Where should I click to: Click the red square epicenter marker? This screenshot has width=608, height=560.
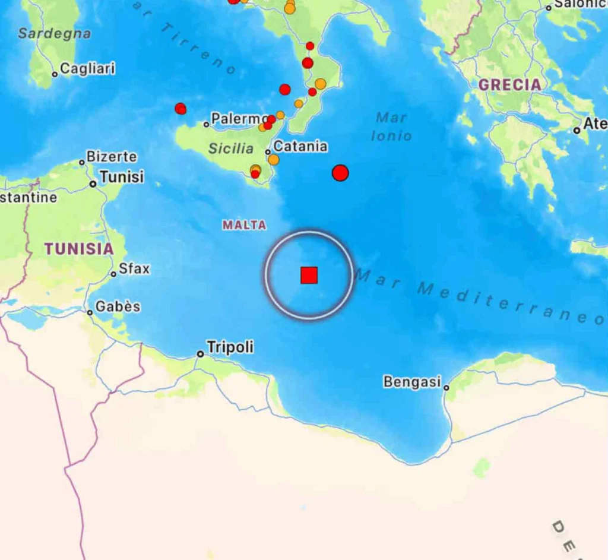309,275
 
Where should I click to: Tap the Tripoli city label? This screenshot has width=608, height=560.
230,347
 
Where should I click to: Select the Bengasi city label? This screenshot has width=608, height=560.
412,381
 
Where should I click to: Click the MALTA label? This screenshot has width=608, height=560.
244,225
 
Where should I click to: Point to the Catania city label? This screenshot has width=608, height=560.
300,146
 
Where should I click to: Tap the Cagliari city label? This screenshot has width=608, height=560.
87,69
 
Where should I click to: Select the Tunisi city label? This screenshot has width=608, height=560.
122,177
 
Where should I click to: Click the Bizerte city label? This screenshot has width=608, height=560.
112,157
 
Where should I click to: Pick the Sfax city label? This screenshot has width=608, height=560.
134,268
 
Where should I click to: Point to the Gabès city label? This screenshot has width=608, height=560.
118,306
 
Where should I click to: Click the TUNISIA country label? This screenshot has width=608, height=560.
78,249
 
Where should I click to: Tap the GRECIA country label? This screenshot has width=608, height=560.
510,85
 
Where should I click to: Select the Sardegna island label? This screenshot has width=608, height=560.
55,34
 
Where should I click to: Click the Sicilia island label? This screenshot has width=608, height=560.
231,148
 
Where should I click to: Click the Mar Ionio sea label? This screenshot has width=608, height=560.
391,126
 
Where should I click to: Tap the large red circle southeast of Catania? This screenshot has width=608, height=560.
340,173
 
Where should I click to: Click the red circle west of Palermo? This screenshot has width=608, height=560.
180,109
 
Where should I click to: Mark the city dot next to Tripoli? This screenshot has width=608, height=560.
201,354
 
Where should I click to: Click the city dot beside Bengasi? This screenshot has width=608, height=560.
446,388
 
